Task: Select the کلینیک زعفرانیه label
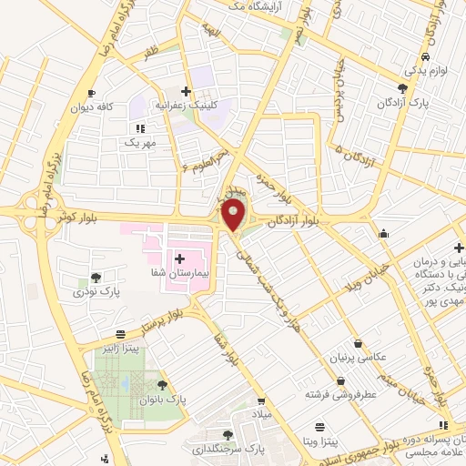pyautogui.click(x=220, y=105)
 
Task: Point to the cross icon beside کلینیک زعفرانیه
pyautogui.click(x=187, y=91)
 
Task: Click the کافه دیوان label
pyautogui.click(x=92, y=106)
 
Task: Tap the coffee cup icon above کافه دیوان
pyautogui.click(x=91, y=93)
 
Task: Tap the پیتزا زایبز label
pyautogui.click(x=120, y=348)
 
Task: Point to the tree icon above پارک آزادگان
pyautogui.click(x=402, y=87)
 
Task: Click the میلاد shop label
pyautogui.click(x=262, y=414)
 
